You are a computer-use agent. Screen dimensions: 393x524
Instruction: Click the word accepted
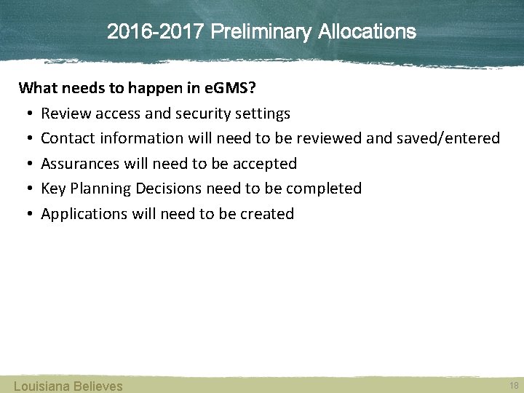[265, 164]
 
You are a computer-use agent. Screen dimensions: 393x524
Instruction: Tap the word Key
[53, 188]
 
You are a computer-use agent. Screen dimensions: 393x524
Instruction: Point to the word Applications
[84, 214]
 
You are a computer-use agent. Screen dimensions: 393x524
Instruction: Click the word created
[266, 214]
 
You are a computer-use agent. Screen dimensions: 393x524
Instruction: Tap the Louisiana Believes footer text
[68, 386]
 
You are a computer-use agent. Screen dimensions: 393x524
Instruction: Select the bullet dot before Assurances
[25, 164]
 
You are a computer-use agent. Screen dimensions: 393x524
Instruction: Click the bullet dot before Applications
[25, 214]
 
